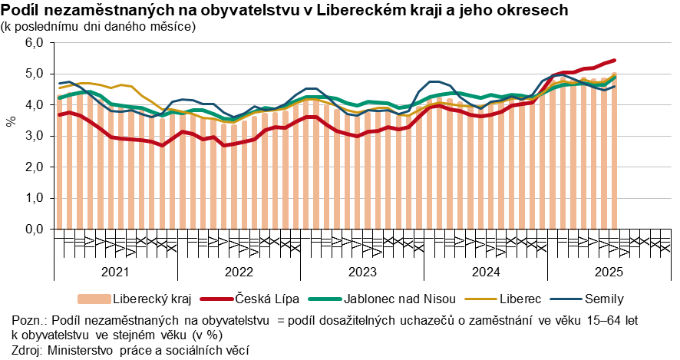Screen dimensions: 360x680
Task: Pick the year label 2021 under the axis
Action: click(115, 271)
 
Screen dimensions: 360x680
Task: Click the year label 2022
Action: click(239, 271)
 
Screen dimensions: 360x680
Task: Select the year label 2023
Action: click(362, 271)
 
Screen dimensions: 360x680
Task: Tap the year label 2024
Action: click(486, 271)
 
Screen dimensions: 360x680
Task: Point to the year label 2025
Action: click(609, 271)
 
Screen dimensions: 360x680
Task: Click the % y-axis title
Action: click(11, 122)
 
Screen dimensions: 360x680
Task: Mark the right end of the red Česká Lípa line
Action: click(615, 60)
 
